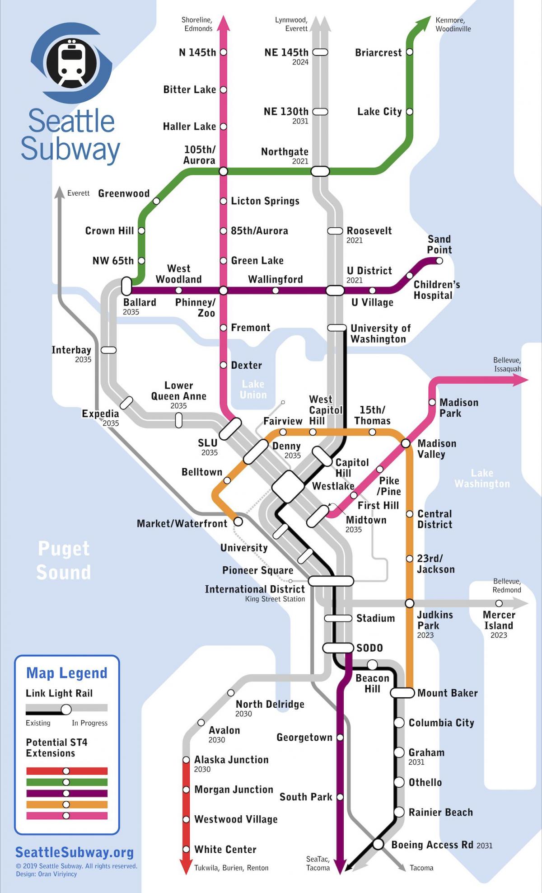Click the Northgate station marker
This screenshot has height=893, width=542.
(320, 171)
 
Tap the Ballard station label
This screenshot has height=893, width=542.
(140, 302)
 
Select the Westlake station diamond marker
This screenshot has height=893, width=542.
(288, 487)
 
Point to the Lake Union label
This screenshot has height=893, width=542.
(253, 389)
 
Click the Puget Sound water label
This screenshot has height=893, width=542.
(63, 560)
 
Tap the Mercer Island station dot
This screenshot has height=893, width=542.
(499, 603)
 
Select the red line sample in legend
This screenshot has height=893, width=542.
(66, 771)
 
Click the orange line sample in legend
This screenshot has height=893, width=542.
(66, 804)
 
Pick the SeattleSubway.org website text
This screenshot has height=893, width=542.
(75, 852)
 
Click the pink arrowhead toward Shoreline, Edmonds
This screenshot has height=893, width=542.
(223, 23)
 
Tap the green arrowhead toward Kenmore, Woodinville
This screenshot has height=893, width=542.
(424, 23)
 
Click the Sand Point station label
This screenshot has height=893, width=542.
(439, 244)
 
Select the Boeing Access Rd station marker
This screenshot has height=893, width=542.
(378, 844)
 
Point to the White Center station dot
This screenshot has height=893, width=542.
(186, 849)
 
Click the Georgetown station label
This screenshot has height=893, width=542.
(304, 737)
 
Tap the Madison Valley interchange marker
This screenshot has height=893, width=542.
(406, 444)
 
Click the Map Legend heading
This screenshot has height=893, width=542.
(67, 673)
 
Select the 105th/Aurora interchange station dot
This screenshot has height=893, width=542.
(223, 171)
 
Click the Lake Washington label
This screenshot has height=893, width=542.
(482, 478)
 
